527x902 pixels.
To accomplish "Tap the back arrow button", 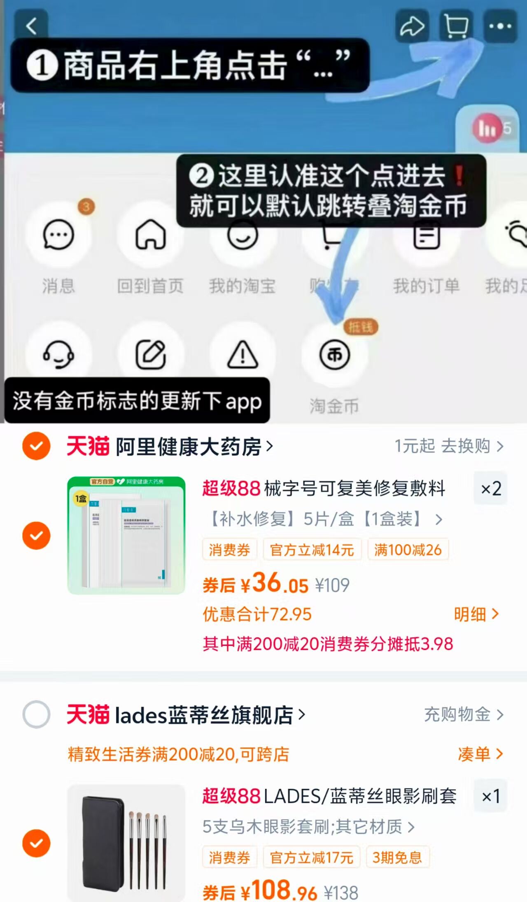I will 31,26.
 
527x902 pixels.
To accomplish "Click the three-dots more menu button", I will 500,26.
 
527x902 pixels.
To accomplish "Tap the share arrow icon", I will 412,26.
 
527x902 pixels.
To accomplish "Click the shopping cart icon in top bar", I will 456,26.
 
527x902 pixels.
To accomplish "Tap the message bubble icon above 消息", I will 58,235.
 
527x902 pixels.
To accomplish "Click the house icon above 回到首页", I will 151,234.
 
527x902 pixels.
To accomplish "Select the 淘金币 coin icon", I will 335,354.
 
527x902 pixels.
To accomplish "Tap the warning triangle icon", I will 243,354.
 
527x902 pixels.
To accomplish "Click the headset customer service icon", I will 58,354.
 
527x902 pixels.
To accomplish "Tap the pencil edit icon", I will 151,354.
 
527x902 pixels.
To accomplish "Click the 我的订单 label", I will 426,286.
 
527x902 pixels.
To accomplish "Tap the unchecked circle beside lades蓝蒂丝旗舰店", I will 36,714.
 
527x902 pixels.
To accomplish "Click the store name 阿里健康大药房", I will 189,446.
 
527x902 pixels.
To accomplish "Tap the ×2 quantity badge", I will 491,489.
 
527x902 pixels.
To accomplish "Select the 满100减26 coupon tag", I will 408,550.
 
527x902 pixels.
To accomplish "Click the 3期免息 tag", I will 397,858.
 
